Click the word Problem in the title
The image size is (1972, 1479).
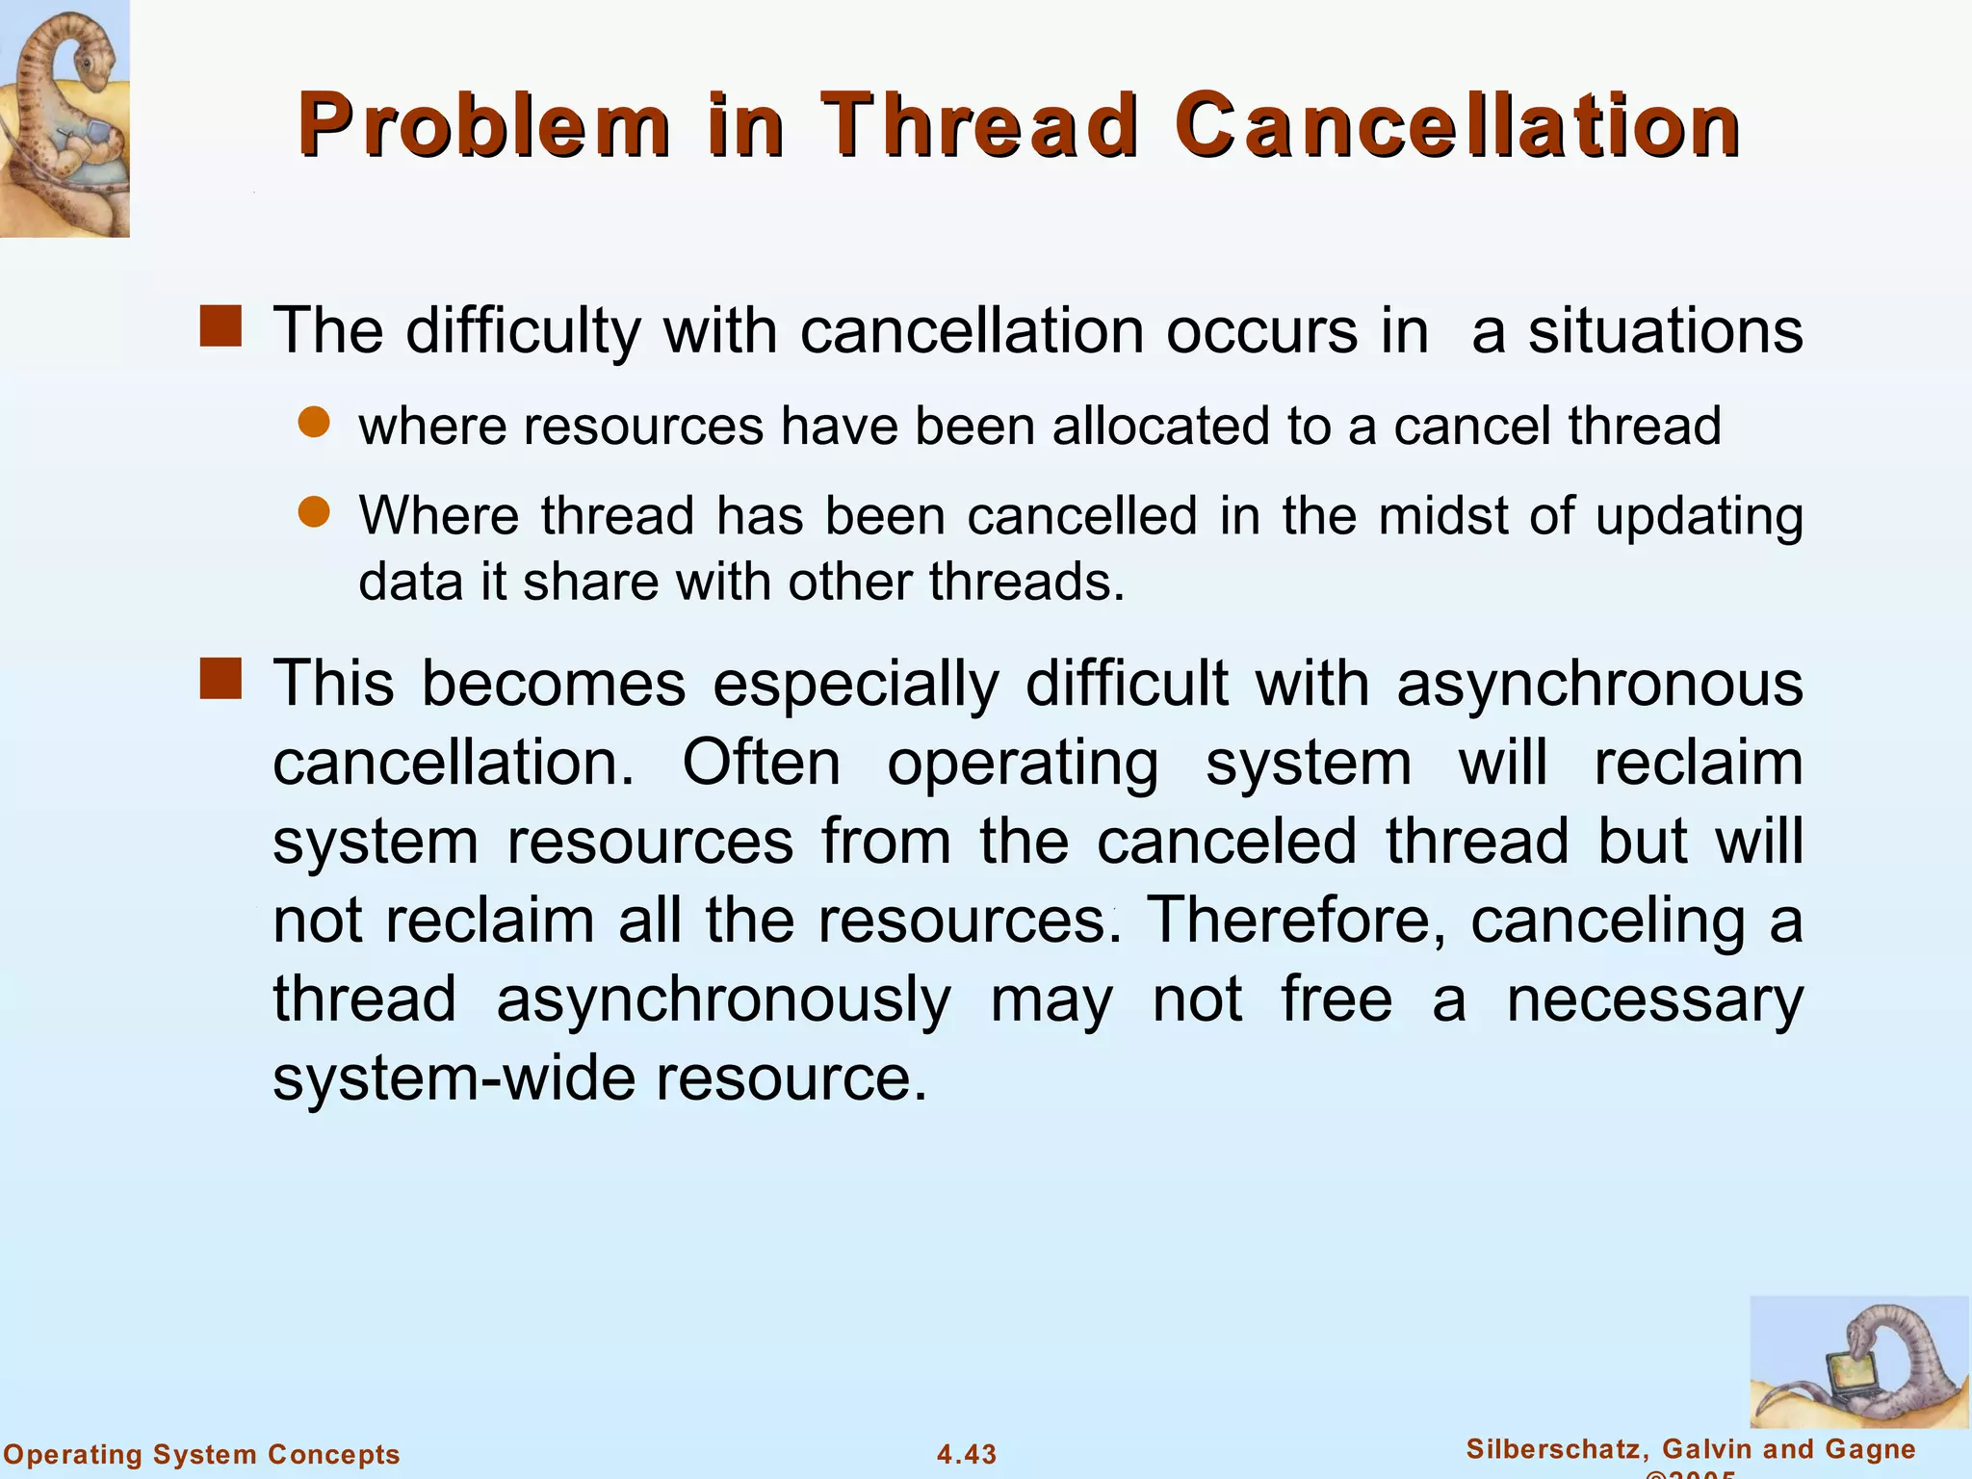pyautogui.click(x=484, y=126)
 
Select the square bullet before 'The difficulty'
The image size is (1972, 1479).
pyautogui.click(x=221, y=326)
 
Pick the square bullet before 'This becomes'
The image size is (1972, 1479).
pyautogui.click(x=221, y=679)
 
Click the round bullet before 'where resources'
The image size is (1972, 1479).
pyautogui.click(x=314, y=422)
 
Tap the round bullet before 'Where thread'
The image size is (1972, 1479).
pyautogui.click(x=314, y=511)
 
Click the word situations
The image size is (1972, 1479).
pyautogui.click(x=1666, y=331)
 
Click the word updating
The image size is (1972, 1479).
pyautogui.click(x=1699, y=517)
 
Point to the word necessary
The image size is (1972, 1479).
pyautogui.click(x=1654, y=999)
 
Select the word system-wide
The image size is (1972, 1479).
pyautogui.click(x=453, y=1078)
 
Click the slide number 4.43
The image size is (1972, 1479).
pyautogui.click(x=967, y=1454)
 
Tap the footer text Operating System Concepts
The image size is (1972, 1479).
pyautogui.click(x=202, y=1454)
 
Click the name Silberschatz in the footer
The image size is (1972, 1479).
pyautogui.click(x=1553, y=1449)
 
